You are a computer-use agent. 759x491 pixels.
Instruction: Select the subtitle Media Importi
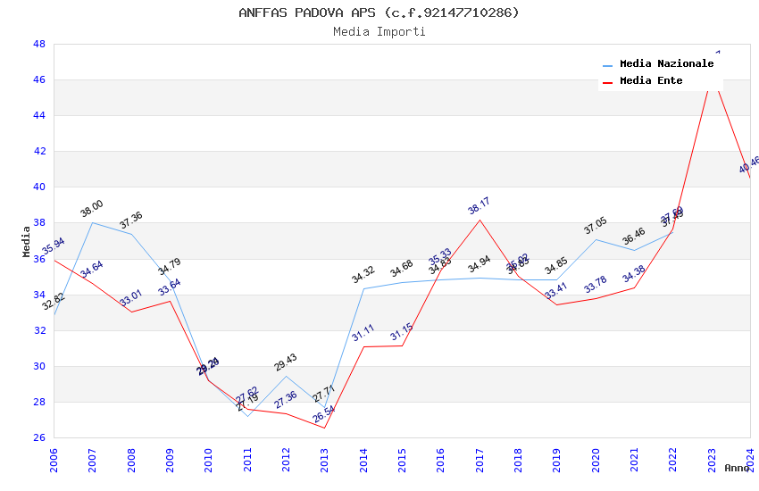tap(379, 31)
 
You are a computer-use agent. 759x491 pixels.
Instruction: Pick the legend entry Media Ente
tap(650, 80)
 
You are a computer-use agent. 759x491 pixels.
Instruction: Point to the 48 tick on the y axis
tap(39, 44)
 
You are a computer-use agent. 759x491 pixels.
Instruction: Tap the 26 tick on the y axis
tap(39, 437)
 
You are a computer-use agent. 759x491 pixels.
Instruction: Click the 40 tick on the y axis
tap(39, 187)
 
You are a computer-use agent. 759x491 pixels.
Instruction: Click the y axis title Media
tap(27, 241)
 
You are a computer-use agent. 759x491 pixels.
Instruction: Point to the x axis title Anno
tap(737, 468)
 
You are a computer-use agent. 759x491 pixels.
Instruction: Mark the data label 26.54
tap(323, 413)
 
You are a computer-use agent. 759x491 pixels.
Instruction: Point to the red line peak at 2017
tap(480, 220)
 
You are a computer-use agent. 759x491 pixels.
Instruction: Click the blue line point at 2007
tap(92, 222)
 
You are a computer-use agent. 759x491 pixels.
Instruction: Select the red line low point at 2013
tap(324, 428)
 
